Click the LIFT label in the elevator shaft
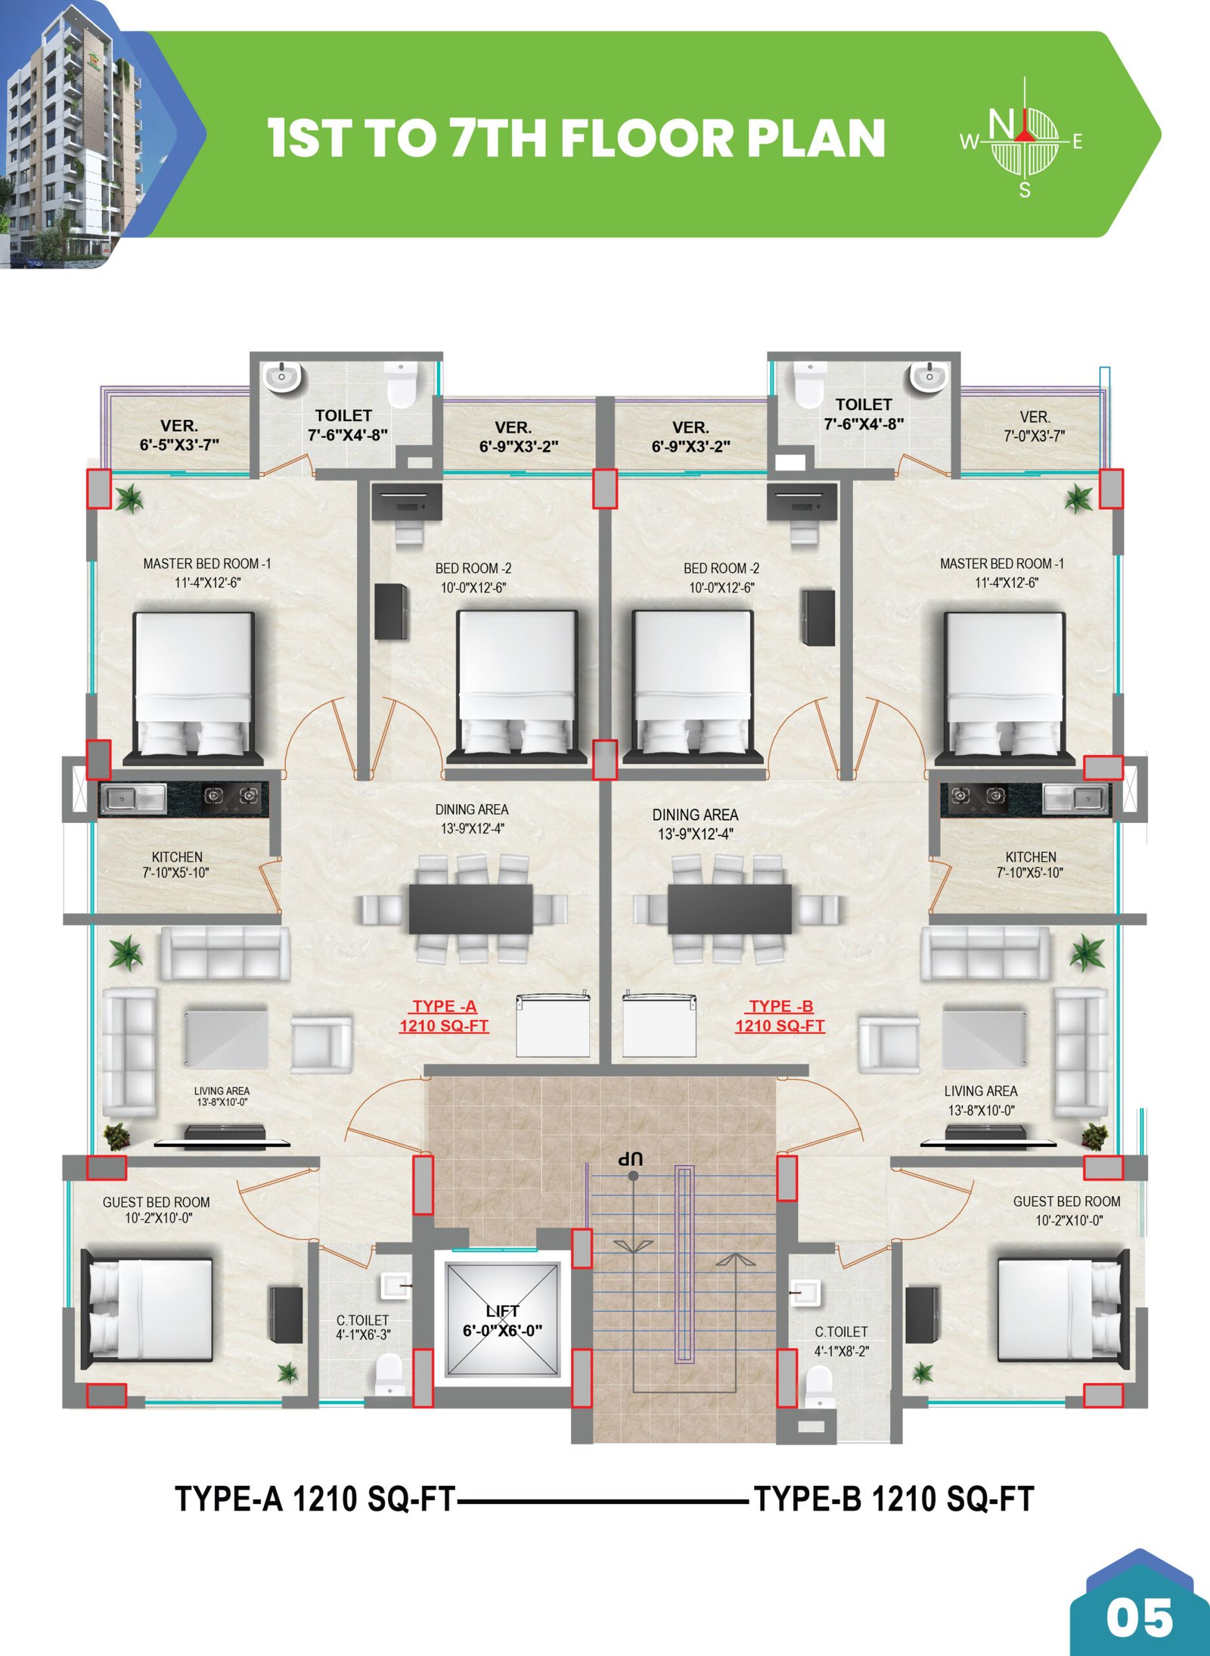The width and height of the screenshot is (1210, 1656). coord(502,1311)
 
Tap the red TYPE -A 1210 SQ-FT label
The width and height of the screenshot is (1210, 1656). coord(444,1016)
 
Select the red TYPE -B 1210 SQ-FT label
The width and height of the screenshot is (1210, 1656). coord(780,1016)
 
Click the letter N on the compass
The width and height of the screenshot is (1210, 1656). coord(1001,126)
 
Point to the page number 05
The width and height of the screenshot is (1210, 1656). coord(1139,1619)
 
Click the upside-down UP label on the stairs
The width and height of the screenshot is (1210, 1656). coord(630,1158)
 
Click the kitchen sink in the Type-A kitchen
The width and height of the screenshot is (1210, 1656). coord(134,798)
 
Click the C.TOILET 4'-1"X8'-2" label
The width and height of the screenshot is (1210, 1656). coord(841,1341)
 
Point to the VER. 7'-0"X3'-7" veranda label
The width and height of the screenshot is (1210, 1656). coord(1035,427)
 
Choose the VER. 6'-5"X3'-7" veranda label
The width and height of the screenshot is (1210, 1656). coord(179,435)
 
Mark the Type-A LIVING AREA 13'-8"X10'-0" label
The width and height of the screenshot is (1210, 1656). coord(222,1096)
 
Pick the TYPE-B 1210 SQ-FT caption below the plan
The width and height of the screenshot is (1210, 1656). coord(895,1499)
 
